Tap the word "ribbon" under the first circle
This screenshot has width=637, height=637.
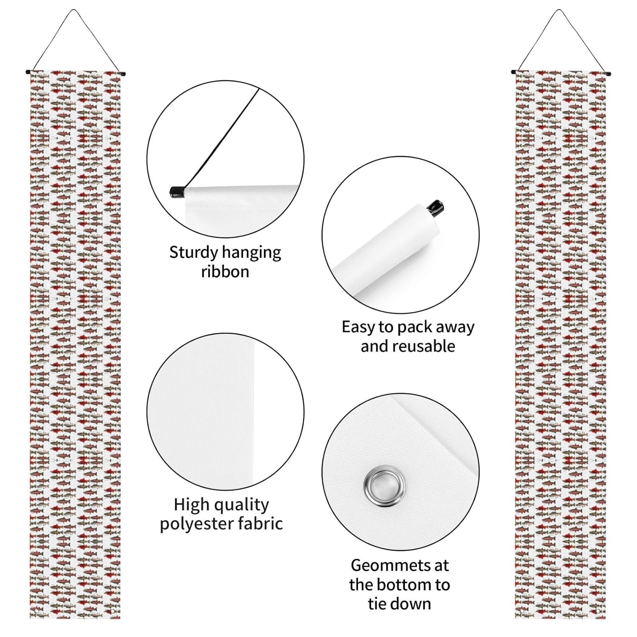click(x=225, y=272)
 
